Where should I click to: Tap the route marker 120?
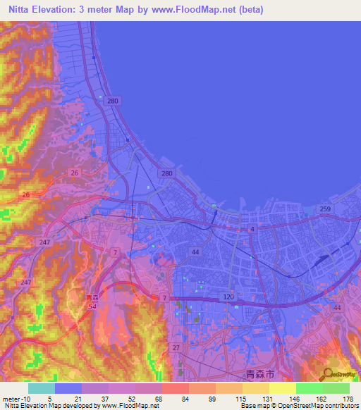coord(228,298)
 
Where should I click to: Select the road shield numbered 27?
coord(176,347)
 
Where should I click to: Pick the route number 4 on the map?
coord(251,229)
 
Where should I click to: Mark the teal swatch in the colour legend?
coord(41,388)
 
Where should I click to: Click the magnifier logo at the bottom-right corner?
coord(326,375)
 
